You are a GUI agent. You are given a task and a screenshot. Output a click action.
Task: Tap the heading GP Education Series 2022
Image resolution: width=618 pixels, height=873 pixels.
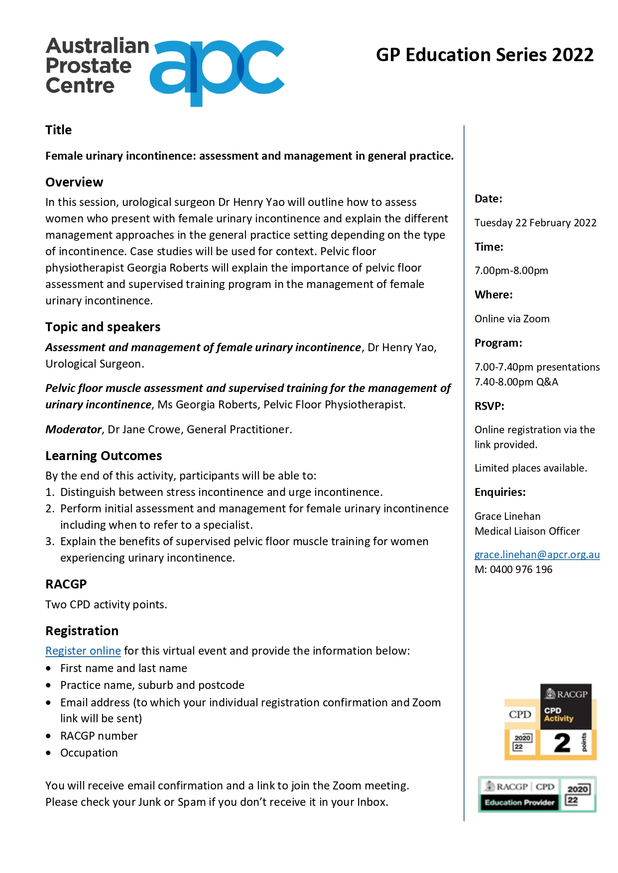(485, 55)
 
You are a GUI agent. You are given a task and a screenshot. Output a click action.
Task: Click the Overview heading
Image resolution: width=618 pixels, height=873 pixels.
(74, 182)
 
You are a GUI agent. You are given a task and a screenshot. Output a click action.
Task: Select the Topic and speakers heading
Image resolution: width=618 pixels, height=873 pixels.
(103, 327)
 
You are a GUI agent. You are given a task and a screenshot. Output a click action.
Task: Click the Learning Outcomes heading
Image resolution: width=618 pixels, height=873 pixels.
(104, 456)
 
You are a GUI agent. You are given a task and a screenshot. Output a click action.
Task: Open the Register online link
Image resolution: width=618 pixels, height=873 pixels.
(83, 651)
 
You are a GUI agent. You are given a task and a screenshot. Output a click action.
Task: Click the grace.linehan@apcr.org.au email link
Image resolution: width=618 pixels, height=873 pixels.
(537, 555)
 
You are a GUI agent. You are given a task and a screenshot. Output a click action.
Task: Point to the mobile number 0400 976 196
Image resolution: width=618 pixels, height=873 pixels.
(521, 570)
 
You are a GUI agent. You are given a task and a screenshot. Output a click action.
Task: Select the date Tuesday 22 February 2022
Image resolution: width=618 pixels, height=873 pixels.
(535, 223)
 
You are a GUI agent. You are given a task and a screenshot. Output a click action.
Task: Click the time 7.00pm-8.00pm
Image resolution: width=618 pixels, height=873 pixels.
(511, 271)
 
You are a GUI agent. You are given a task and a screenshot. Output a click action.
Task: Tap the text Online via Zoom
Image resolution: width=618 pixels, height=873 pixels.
(512, 319)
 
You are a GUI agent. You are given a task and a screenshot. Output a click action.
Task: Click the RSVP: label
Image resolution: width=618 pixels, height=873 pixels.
(489, 406)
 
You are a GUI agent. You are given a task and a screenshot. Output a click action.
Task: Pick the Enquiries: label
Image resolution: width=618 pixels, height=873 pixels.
(500, 492)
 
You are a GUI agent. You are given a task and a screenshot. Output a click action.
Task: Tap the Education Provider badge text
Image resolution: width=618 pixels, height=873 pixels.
(519, 802)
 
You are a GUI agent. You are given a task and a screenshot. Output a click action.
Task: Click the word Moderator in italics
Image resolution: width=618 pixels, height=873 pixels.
(73, 429)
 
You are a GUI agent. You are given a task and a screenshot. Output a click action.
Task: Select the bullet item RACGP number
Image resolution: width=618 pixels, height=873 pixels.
(99, 736)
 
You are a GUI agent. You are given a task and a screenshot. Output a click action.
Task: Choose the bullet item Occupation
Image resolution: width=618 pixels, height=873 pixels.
(89, 753)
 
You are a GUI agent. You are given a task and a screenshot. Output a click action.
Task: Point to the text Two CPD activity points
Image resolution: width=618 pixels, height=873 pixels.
(106, 604)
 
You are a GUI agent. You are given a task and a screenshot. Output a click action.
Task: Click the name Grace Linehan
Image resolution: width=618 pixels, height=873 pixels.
(507, 516)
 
